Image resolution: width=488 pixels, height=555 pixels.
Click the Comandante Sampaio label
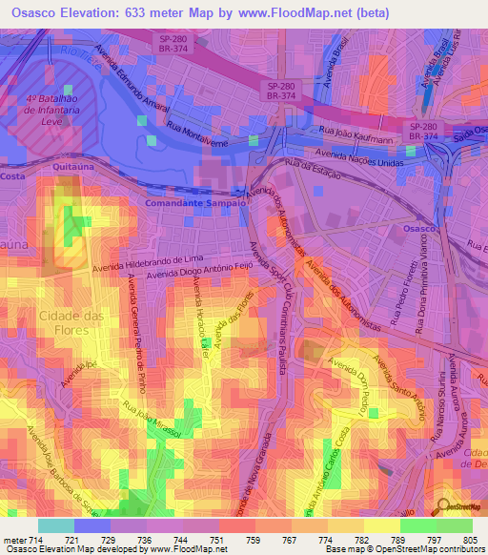tap(190, 203)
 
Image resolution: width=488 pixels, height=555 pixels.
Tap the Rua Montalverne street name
tap(201, 133)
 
